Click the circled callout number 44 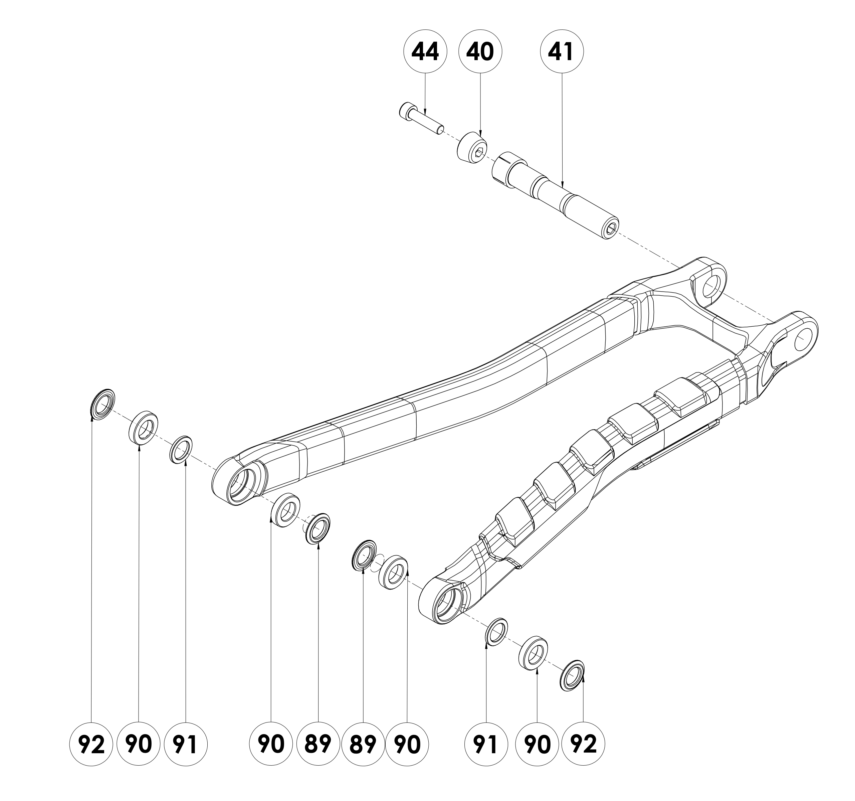coord(425,52)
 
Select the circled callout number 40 coord(480,52)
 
